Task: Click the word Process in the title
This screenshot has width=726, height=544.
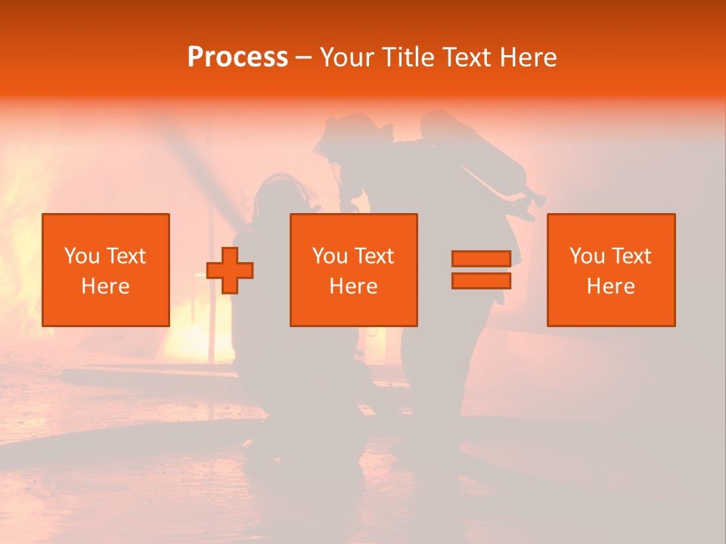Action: tap(237, 57)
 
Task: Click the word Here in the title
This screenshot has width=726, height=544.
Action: tap(529, 57)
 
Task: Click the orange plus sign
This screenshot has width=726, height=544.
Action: tap(230, 270)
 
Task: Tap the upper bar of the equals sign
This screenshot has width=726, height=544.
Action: tap(481, 258)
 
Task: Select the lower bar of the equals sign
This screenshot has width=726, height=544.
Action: tap(481, 281)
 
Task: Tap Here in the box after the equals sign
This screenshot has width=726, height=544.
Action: tap(611, 286)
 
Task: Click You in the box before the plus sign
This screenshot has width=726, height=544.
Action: tap(81, 256)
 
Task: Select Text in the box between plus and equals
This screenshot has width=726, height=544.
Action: tap(375, 256)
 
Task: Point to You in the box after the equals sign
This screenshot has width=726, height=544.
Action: tap(586, 256)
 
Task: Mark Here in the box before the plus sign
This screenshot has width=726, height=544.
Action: tap(106, 286)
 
